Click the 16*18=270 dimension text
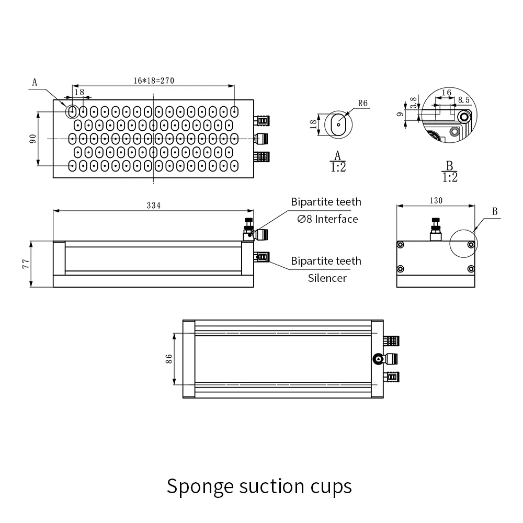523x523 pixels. tap(153, 81)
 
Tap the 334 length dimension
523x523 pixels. tap(153, 206)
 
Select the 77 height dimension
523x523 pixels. tap(25, 264)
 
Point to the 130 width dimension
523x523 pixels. tap(436, 201)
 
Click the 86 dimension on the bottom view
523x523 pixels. tap(169, 359)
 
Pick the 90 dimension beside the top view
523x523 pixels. tap(32, 139)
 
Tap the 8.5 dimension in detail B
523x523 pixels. tap(463, 99)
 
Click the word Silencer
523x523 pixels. tap(327, 278)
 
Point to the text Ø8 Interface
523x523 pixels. tap(327, 219)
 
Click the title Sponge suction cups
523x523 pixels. tap(259, 486)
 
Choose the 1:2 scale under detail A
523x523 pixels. tap(338, 167)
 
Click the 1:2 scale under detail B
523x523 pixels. tap(449, 177)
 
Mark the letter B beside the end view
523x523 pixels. tap(495, 212)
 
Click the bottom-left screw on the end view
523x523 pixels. tap(401, 269)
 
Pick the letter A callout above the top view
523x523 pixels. tap(35, 82)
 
